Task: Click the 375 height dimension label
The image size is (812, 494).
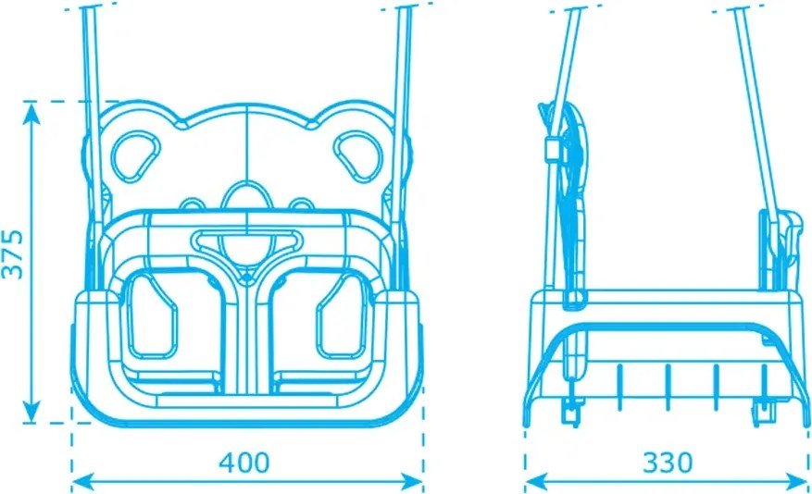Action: (13, 254)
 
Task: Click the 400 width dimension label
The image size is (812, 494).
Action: (244, 463)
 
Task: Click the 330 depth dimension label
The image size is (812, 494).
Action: (667, 463)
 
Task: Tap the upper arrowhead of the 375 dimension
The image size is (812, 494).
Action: (31, 113)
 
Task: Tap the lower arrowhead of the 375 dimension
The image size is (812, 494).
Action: (31, 412)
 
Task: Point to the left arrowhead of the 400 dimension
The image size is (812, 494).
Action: (82, 482)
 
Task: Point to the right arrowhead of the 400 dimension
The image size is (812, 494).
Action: (412, 482)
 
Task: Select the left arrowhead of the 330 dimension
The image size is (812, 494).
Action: (536, 482)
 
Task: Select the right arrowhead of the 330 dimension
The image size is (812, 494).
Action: (796, 482)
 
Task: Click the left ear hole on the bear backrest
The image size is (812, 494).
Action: (136, 156)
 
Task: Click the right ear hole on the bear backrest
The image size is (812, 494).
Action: (358, 156)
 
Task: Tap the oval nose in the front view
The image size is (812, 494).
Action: (246, 198)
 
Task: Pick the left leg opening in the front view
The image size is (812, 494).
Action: (152, 316)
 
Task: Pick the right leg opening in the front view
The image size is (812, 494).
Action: (343, 316)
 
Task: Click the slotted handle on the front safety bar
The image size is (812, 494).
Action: (246, 241)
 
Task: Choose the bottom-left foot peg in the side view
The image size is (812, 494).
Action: (571, 413)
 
